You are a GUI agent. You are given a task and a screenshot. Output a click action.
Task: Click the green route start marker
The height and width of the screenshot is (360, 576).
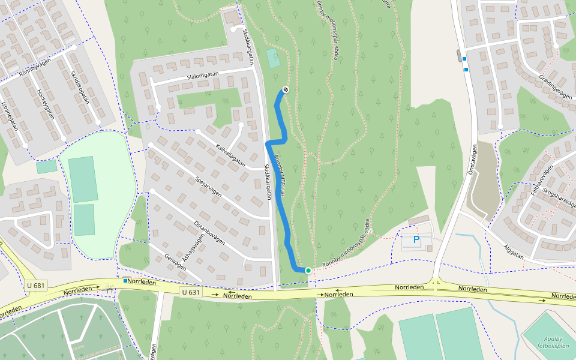[x=308, y=271]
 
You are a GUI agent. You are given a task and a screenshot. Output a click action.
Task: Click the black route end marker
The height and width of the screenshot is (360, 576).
[x=286, y=90]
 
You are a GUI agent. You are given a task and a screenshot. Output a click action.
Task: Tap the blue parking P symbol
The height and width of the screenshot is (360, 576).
[x=416, y=240]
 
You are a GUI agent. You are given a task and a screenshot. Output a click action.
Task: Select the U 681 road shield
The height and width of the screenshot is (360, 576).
[x=35, y=285]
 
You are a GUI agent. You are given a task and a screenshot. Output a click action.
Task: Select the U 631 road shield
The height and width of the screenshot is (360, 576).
[x=191, y=292]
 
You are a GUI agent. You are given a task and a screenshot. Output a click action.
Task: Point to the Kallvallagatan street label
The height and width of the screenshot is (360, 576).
[x=230, y=155]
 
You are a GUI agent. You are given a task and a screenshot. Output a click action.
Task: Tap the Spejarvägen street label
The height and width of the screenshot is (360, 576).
[x=208, y=185]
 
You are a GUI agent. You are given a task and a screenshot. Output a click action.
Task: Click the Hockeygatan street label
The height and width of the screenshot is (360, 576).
[x=46, y=103]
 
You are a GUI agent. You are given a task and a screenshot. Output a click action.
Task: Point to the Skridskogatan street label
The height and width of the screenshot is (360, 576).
[x=80, y=88]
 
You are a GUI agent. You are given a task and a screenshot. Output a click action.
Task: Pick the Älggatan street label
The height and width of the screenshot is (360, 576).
[x=514, y=255]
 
